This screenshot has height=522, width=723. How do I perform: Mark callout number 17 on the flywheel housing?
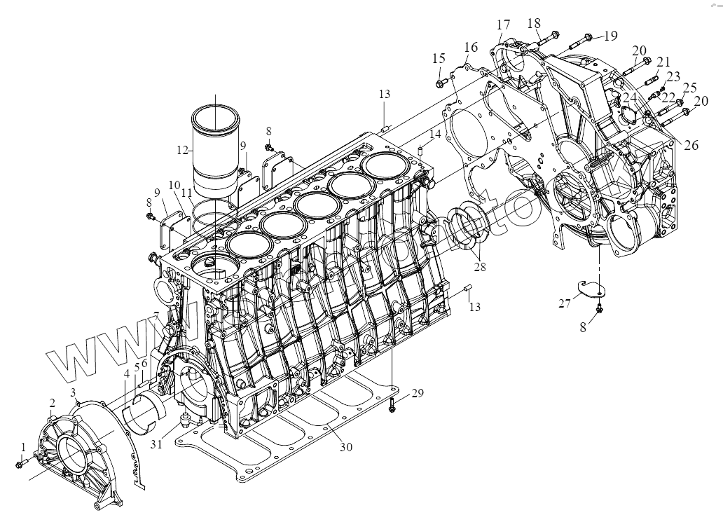(x=503, y=25)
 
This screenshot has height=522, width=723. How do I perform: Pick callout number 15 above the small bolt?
(x=439, y=57)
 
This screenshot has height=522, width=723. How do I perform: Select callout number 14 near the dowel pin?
(x=436, y=133)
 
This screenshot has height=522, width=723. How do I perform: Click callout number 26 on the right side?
(x=691, y=146)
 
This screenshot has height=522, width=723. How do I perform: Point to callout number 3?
(x=73, y=390)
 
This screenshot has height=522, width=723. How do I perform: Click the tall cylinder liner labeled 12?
(x=216, y=151)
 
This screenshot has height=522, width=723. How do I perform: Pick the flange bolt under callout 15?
(x=440, y=83)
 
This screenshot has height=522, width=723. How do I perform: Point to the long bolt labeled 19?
(x=574, y=39)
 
